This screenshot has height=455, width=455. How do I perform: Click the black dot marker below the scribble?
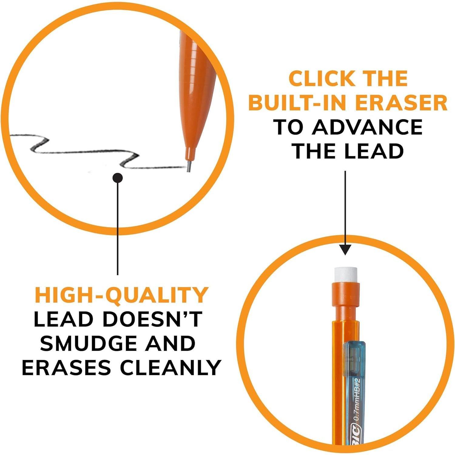tap(117, 178)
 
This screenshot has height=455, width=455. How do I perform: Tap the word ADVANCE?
tap(367, 127)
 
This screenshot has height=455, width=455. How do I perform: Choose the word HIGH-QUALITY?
tap(122, 295)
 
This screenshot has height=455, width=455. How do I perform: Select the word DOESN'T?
tap(152, 319)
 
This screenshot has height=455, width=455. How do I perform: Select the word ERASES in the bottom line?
tap(66, 368)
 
